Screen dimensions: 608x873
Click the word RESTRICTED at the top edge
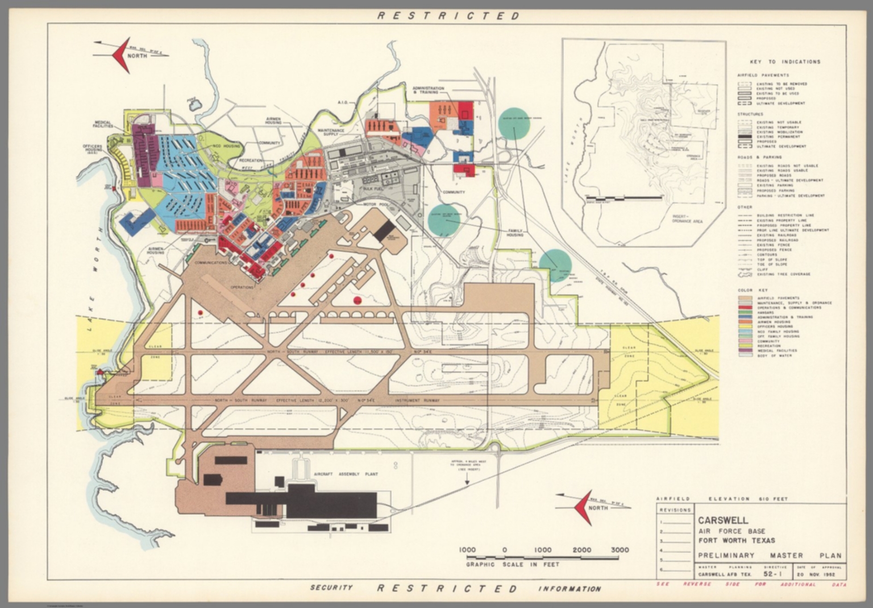449,16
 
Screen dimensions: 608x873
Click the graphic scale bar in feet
543,556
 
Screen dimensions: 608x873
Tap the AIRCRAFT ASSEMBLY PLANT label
346,474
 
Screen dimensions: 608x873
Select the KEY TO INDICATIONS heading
785,61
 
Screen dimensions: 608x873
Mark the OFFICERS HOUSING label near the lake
93,150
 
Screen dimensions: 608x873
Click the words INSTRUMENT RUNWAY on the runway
418,401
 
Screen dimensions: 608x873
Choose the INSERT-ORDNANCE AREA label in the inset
687,219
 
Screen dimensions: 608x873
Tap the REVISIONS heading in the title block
675,510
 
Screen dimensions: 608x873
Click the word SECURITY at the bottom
331,588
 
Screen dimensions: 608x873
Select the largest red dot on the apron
357,300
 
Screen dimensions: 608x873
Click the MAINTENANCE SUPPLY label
331,131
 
